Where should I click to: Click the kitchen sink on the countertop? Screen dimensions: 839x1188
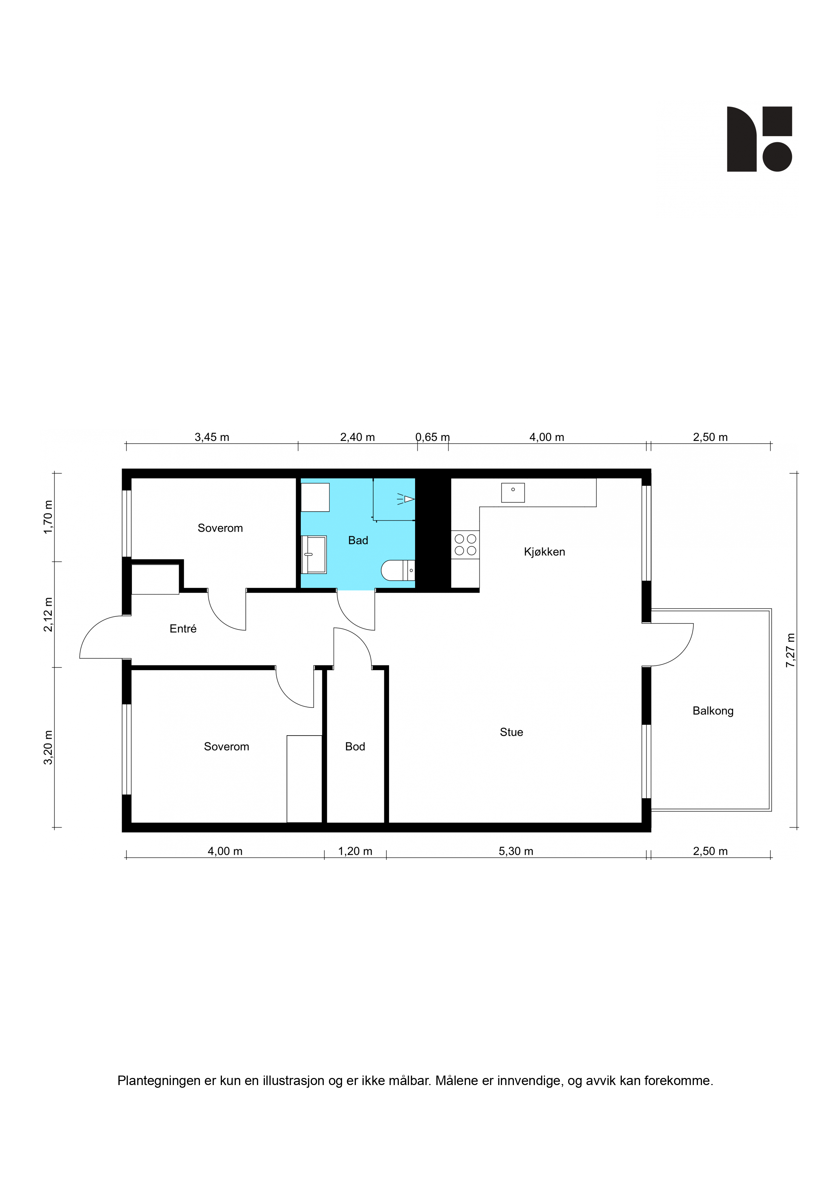pos(513,493)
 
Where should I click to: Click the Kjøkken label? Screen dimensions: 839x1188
pos(544,552)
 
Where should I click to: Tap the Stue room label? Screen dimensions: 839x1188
pos(511,732)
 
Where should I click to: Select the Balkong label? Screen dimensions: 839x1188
pos(713,711)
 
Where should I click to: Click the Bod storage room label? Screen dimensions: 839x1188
pos(355,747)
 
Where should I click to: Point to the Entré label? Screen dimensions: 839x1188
pos(183,628)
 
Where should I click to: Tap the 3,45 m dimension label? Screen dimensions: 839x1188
pos(212,437)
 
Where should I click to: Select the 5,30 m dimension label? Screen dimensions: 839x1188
pos(516,851)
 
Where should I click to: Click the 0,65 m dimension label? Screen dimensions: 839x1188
pos(433,437)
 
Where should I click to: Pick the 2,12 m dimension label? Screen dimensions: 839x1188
pos(48,614)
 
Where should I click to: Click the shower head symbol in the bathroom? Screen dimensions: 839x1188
pos(406,499)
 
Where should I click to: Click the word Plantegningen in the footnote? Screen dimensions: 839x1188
pos(159,1081)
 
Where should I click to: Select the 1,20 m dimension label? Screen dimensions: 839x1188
pos(355,851)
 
